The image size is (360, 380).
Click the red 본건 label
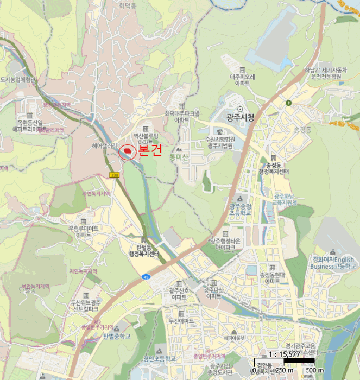[x=150, y=150]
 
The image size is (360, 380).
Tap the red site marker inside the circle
[x=128, y=151]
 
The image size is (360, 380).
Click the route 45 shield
[x=147, y=277]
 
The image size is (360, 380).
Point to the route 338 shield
[x=114, y=175]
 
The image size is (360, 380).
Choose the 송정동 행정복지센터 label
[x=276, y=168]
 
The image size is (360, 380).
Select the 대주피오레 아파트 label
[x=242, y=80]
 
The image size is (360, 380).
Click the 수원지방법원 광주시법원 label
[x=220, y=142]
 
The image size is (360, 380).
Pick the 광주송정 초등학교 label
[x=239, y=209]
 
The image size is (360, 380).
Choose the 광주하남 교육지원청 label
[x=286, y=199]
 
